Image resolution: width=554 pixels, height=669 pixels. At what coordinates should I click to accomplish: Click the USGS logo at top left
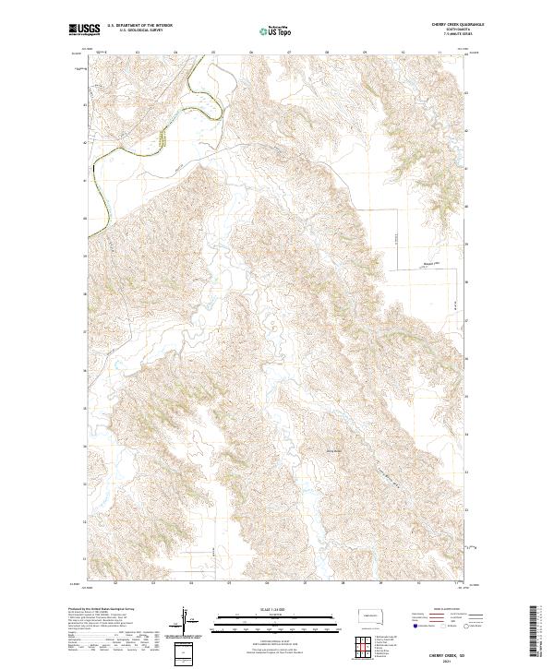coord(85,30)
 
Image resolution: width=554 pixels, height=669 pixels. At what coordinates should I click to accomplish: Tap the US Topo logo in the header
coord(277,30)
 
